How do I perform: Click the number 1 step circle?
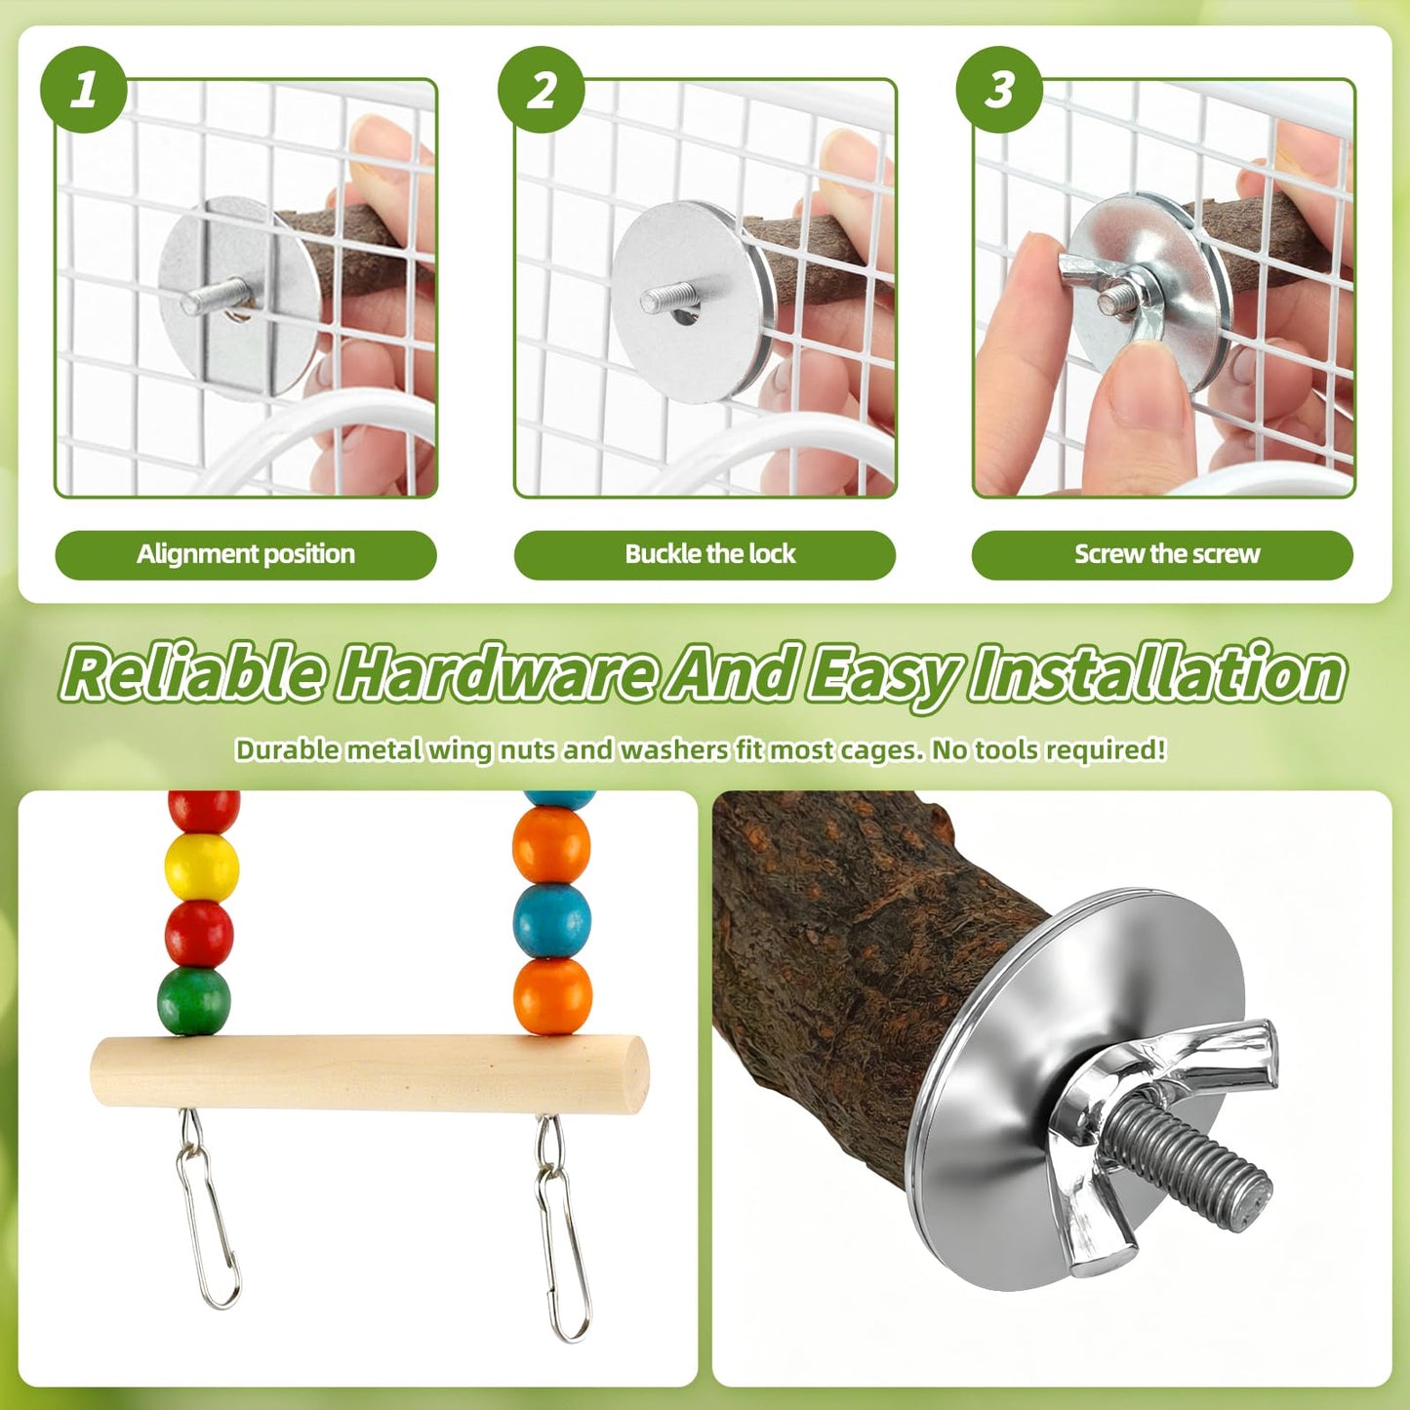pyautogui.click(x=83, y=90)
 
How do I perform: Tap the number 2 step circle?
pyautogui.click(x=542, y=90)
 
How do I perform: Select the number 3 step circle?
pyautogui.click(x=999, y=90)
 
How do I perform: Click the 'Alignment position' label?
pyautogui.click(x=246, y=554)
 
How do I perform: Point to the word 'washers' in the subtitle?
pyautogui.click(x=674, y=750)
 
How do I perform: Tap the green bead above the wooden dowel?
pyautogui.click(x=194, y=1002)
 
